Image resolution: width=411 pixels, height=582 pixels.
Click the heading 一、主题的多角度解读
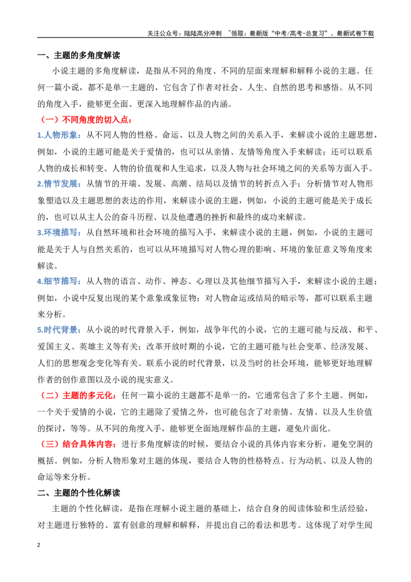point(79,56)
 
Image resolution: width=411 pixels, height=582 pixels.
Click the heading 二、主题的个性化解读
point(79,493)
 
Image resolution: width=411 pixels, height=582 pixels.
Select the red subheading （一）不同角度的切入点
point(85,120)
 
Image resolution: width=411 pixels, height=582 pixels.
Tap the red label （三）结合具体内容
point(78,444)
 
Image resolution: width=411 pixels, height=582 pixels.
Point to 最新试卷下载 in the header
point(355,33)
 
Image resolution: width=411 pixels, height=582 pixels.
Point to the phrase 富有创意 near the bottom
point(129,525)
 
